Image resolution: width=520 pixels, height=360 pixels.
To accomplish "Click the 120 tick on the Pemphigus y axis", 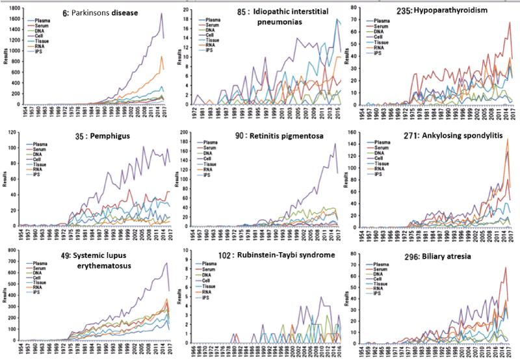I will pos(12,133).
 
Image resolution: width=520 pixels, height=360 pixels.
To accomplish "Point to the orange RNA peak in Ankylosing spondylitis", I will pos(507,140).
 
